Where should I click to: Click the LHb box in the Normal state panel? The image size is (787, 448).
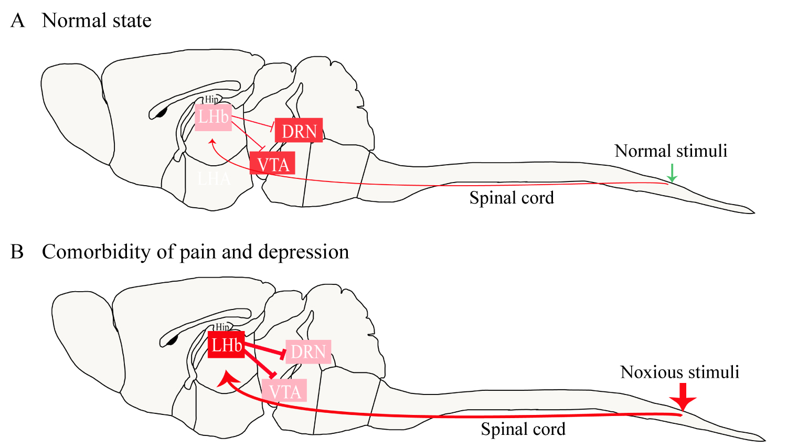(213, 117)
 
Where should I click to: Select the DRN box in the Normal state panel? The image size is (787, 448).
(299, 131)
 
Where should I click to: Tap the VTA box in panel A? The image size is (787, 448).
(272, 164)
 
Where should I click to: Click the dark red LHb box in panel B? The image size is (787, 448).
(226, 345)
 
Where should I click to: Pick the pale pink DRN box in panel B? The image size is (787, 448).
(308, 351)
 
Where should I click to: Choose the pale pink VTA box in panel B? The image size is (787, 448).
(284, 391)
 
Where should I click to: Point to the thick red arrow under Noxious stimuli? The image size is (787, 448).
(683, 397)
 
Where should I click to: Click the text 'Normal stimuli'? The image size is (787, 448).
(671, 151)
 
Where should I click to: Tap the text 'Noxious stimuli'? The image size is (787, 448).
(679, 372)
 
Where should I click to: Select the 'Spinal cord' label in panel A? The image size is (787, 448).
(512, 198)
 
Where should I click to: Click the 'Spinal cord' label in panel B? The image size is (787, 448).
(523, 429)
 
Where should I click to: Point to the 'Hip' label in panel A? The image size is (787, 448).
(211, 99)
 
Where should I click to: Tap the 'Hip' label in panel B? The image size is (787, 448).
(222, 327)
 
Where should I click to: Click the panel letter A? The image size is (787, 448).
(17, 20)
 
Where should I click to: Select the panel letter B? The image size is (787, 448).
(17, 252)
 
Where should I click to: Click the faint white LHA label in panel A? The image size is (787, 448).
(214, 179)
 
